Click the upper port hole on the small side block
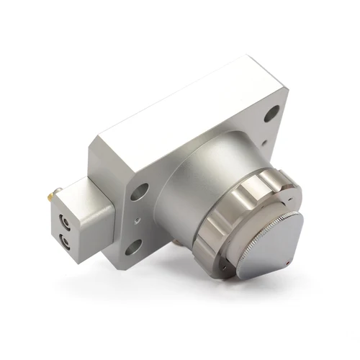[x=65, y=222]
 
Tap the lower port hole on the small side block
[x=66, y=240]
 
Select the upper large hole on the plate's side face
[x=140, y=191]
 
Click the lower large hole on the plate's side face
[x=134, y=248]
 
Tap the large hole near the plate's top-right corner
[x=271, y=114]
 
